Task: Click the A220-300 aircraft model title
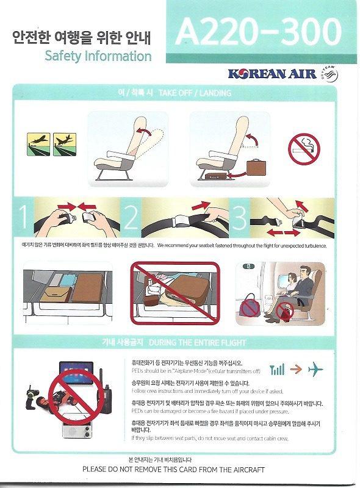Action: [x=259, y=32]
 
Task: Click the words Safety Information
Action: [x=98, y=57]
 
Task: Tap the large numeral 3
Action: [x=239, y=219]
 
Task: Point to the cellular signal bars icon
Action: [x=278, y=370]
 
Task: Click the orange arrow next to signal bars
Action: [x=296, y=370]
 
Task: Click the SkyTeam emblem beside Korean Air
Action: [x=335, y=74]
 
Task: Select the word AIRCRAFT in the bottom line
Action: [x=254, y=469]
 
